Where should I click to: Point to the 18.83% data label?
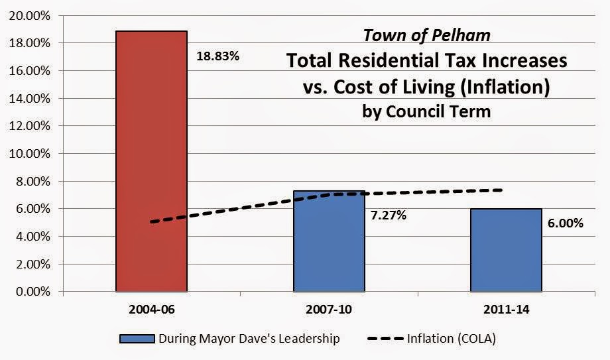tap(217, 56)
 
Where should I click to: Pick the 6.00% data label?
tap(566, 223)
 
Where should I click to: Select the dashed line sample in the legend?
tap(387, 339)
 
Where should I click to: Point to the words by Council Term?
tap(426, 111)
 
